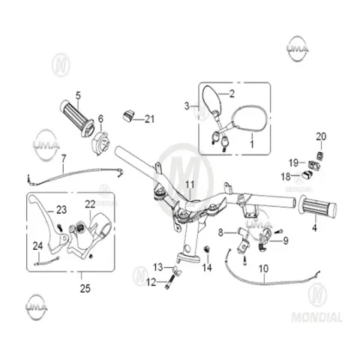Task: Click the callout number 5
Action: click(x=78, y=95)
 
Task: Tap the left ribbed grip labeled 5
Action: click(x=77, y=118)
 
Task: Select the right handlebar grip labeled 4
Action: click(x=317, y=207)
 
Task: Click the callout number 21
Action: click(x=150, y=119)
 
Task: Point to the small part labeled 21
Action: click(x=128, y=115)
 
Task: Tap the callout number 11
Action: click(x=190, y=185)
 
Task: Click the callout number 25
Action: click(x=85, y=288)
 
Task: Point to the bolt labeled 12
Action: click(x=170, y=282)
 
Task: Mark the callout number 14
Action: click(x=207, y=268)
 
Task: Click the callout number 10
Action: click(x=263, y=268)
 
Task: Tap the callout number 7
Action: click(x=64, y=158)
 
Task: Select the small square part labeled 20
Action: click(x=319, y=155)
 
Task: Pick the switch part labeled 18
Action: click(x=307, y=174)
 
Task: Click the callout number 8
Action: click(x=220, y=232)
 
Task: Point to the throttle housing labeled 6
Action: click(x=100, y=144)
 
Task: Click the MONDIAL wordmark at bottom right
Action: click(x=316, y=317)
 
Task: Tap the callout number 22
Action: click(x=90, y=204)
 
